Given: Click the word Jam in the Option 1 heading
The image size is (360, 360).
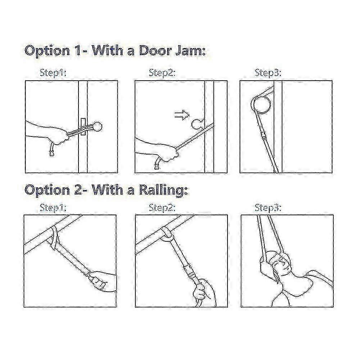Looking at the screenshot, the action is [190, 51].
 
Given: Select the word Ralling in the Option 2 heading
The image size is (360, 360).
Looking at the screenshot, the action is [163, 190].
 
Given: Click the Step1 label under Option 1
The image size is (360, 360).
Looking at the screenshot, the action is [53, 73].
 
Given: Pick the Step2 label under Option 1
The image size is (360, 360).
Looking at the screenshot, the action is [162, 73].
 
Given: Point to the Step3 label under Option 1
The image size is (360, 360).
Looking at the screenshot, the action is [268, 73].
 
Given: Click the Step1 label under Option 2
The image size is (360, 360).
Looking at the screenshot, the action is [53, 208].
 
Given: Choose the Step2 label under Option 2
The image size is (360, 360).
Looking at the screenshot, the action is [162, 208].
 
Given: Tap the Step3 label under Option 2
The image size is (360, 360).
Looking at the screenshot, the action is [268, 208].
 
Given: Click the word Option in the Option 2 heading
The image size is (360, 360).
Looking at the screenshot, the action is [47, 190].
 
